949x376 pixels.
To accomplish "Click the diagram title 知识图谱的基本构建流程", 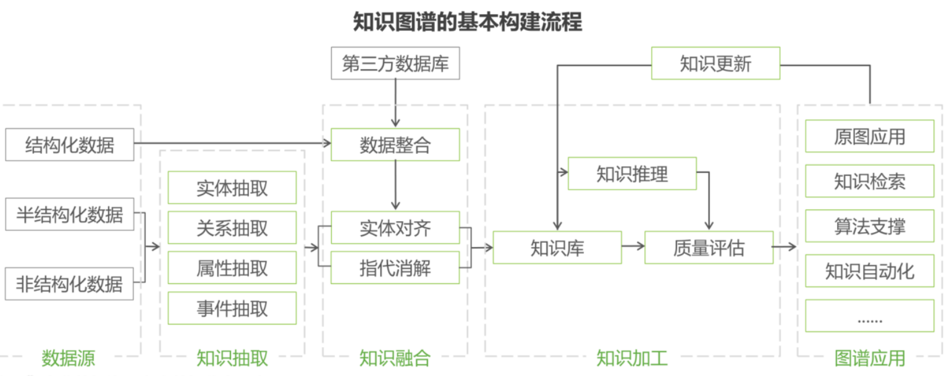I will pos(467,22).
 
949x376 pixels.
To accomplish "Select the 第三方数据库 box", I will pos(395,64).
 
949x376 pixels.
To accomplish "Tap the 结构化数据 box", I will pos(69,144).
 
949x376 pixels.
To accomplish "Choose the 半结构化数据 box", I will pos(69,214).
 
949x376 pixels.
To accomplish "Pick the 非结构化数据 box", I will pos(69,284).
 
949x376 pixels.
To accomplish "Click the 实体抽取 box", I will pos(232,188).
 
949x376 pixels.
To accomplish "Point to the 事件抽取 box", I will pos(232,308).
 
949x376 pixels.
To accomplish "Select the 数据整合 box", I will pos(395,144).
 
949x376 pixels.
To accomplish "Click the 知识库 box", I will pos(557,248).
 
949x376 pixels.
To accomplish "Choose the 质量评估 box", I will pos(709,248).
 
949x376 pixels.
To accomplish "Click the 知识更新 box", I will pos(715,64).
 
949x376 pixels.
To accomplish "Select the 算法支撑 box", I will pos(869,226).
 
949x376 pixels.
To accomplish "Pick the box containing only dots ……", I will pos(869,316).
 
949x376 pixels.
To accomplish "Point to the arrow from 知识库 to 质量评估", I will pos(633,248).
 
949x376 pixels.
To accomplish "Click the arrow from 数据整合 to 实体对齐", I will pos(395,185).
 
